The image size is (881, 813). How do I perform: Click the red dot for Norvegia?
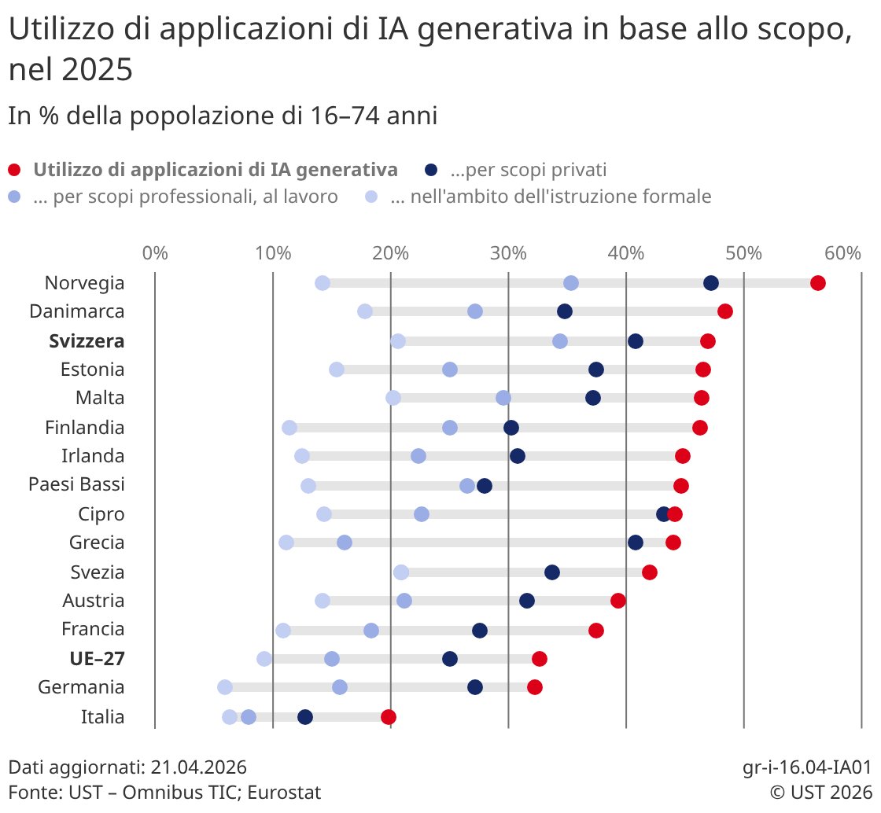coord(817,283)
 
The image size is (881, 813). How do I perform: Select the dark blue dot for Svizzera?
coord(636,340)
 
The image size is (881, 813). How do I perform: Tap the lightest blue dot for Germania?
coord(225,687)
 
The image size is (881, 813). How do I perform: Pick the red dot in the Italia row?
coord(388,716)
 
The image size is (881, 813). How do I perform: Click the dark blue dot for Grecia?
coord(636,543)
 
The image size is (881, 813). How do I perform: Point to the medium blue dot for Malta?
coord(503,398)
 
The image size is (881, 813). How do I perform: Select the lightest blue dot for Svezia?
coord(401,572)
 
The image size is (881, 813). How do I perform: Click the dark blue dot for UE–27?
coord(450,659)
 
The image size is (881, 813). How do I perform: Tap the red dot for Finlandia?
coord(700,427)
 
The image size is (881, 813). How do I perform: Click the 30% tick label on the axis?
coord(508,253)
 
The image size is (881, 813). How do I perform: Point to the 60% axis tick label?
coord(842,253)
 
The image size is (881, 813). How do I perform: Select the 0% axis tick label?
coord(155,253)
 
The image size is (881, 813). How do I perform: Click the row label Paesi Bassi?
coord(76,484)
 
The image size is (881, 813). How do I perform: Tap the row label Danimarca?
coord(77,311)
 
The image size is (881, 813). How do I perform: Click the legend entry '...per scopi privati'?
coord(528,169)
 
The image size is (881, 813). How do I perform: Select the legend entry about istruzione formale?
coord(550,197)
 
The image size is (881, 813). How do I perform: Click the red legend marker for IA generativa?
coord(14,169)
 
